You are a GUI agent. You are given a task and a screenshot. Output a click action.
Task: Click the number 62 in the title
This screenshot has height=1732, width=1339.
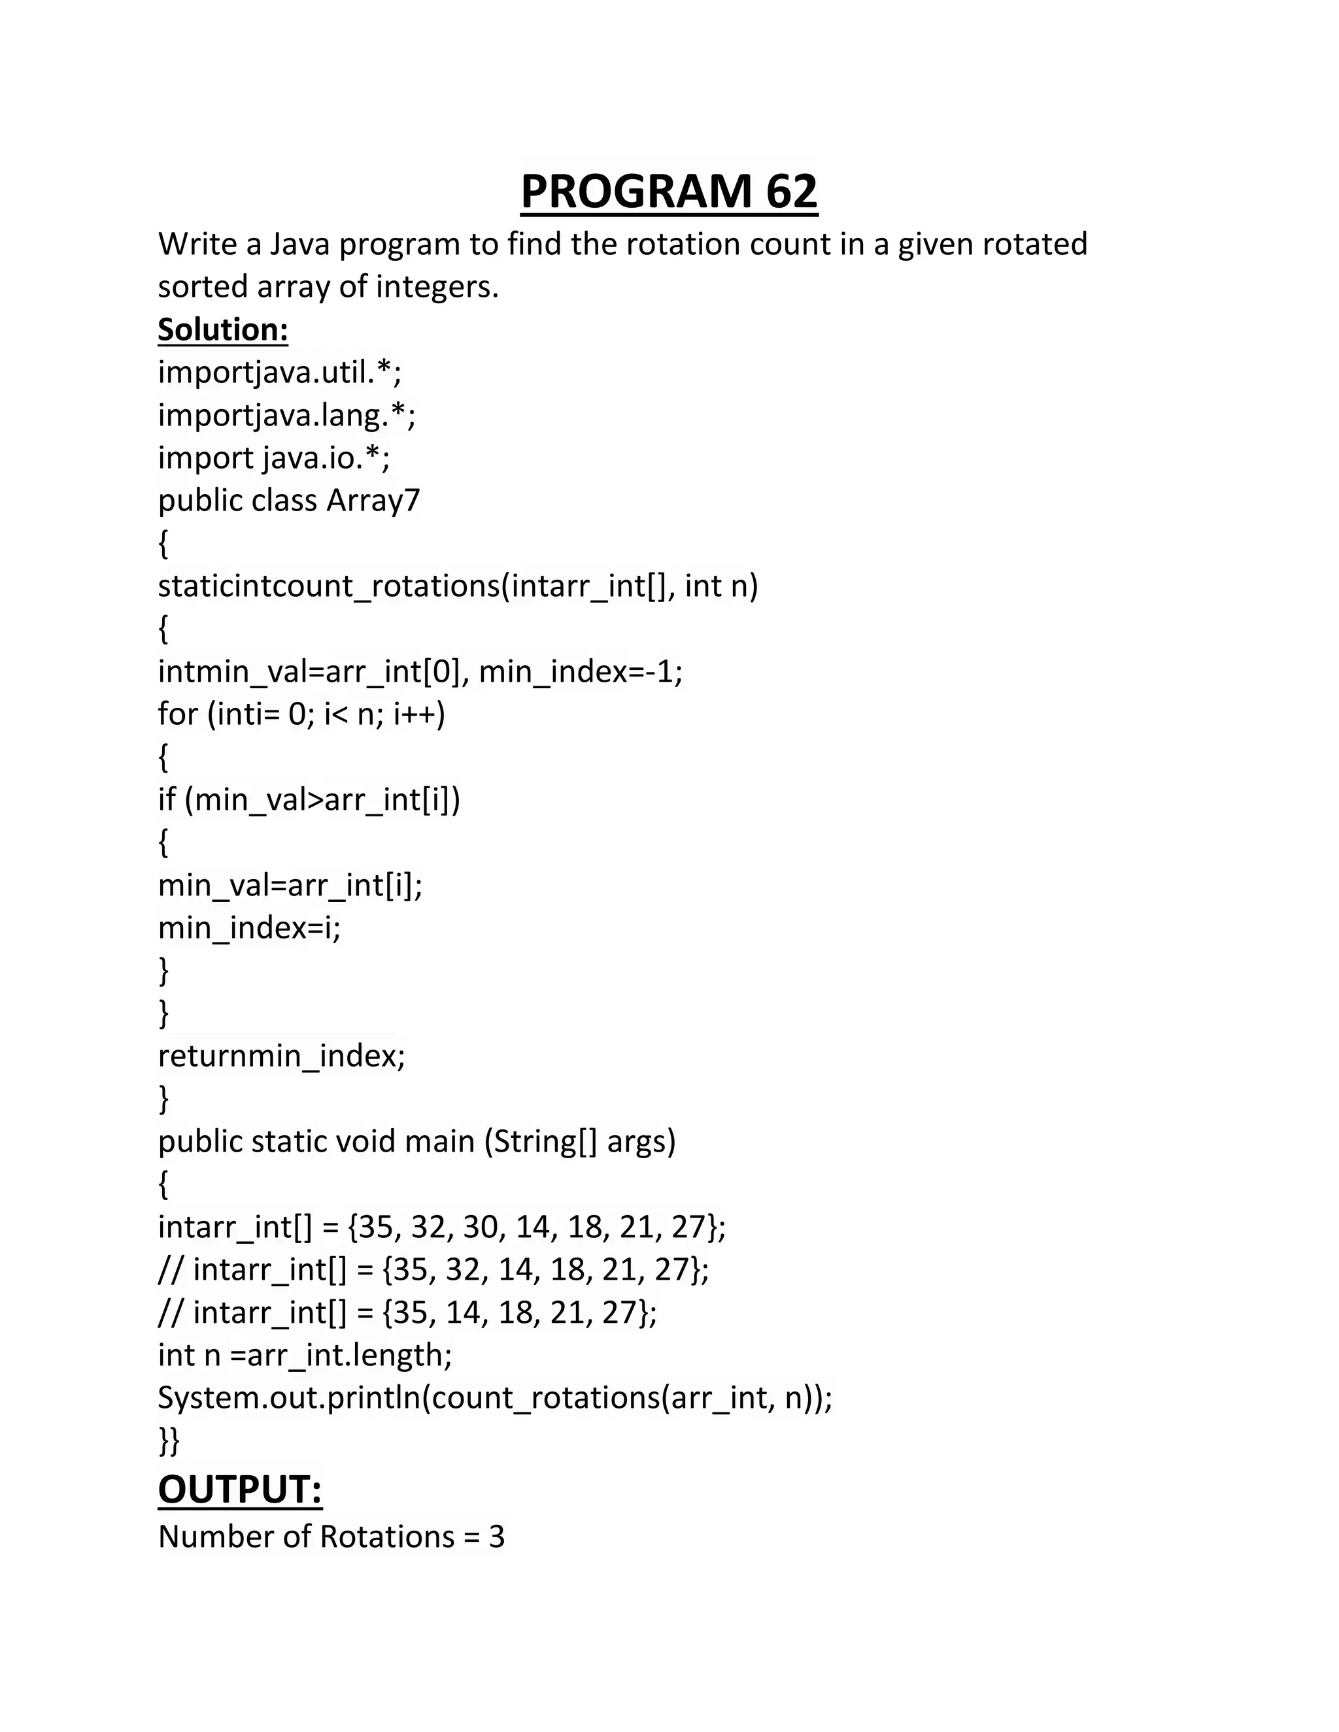(x=791, y=192)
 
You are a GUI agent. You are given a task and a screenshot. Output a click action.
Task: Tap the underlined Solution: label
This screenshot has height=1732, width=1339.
(x=223, y=329)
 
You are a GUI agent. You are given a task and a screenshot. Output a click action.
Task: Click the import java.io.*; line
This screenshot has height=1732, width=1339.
(x=274, y=458)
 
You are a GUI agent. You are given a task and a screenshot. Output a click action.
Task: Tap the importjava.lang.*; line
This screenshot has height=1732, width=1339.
(x=286, y=415)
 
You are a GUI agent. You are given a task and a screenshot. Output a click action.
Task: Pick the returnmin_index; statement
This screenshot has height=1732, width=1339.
(x=282, y=1056)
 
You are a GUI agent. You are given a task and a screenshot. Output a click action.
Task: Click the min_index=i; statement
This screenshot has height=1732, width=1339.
(x=249, y=927)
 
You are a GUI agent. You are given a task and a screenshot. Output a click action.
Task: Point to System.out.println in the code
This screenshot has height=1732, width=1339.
(x=289, y=1398)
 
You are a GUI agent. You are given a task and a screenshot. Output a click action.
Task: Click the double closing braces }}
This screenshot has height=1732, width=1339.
(x=169, y=1441)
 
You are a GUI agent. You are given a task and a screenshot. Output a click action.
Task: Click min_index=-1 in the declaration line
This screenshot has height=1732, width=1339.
(x=577, y=671)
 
